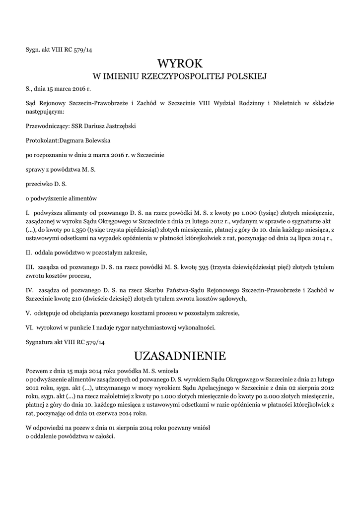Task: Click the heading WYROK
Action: pos(180,64)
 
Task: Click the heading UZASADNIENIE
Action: pos(180,356)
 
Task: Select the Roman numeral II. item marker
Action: pos(28,253)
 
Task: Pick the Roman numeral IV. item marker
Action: pos(29,289)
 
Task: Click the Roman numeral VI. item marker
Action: pos(29,328)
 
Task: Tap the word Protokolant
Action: pos(42,140)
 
